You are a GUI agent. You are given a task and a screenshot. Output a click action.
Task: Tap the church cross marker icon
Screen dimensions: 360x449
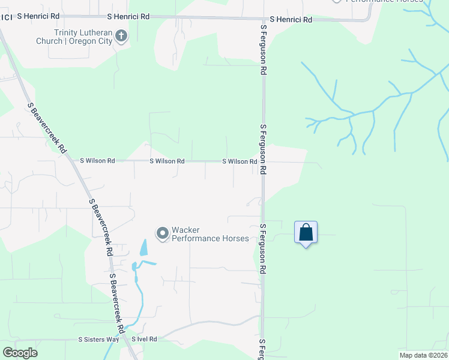[x=121, y=37]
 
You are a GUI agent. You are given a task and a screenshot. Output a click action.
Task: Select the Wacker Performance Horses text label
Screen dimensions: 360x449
[x=210, y=234]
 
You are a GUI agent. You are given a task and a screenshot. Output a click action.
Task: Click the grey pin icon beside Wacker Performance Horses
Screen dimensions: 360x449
[x=162, y=233]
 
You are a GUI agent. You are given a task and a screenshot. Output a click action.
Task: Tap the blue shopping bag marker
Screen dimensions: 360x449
[x=306, y=233]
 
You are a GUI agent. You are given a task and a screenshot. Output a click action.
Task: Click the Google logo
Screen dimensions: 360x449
[x=20, y=353]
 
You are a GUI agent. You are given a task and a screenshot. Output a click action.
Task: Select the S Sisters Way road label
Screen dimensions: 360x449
[x=98, y=340]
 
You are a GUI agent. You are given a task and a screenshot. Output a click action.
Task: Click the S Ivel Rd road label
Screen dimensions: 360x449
[x=144, y=340]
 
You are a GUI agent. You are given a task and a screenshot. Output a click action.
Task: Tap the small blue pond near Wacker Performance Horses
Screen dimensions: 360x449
[x=143, y=247]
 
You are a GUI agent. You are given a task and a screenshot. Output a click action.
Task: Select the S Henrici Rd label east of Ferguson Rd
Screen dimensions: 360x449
[x=291, y=20]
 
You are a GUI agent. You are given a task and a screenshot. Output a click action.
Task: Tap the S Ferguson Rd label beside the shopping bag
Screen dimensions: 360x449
[x=263, y=249]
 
